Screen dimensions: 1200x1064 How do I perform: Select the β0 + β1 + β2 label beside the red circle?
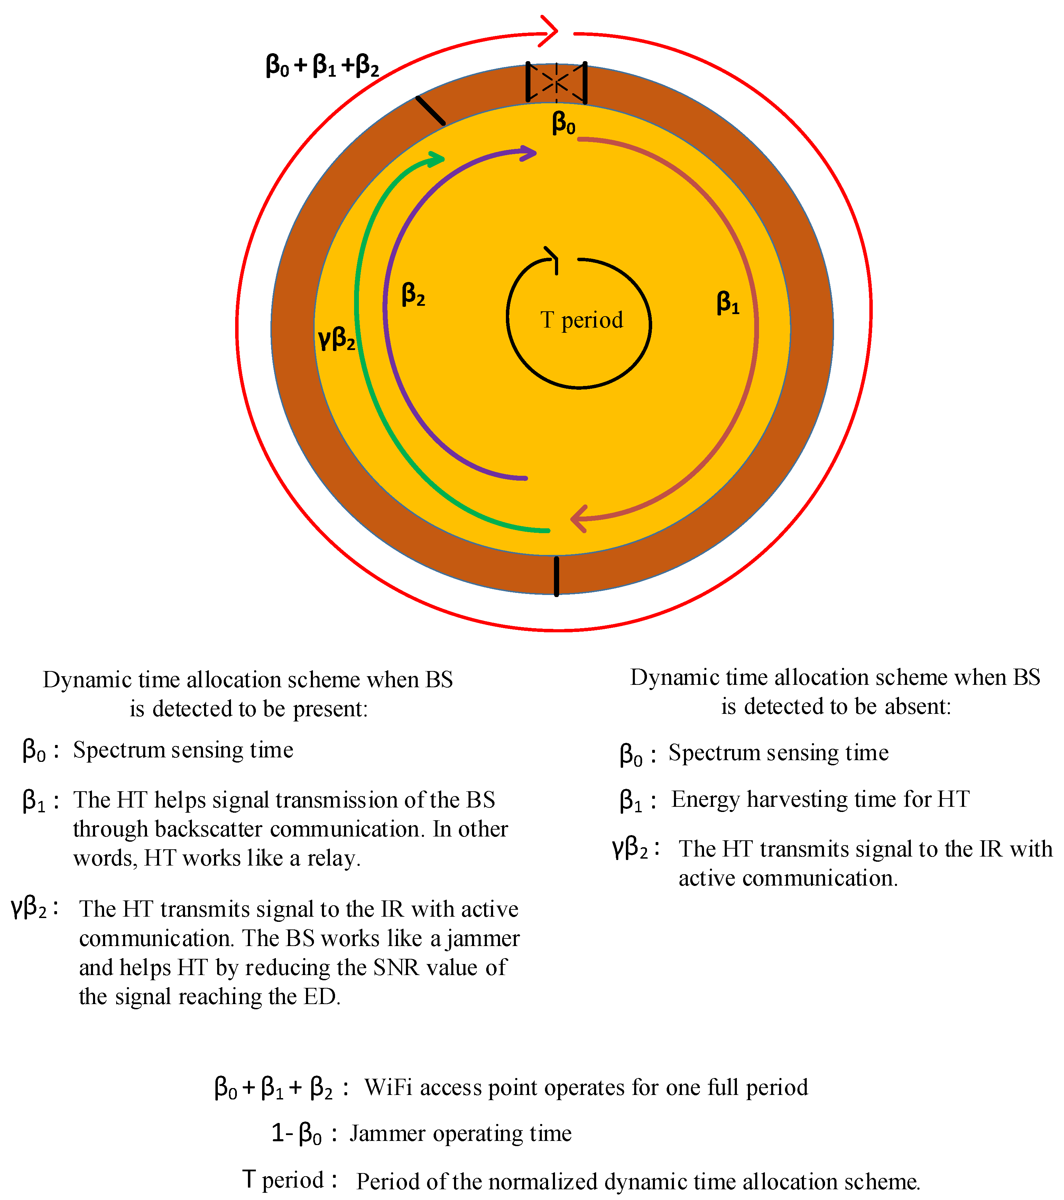(x=322, y=66)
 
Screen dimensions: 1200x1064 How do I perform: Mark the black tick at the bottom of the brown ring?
(x=556, y=577)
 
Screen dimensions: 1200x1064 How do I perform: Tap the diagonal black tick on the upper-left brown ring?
(x=430, y=110)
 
